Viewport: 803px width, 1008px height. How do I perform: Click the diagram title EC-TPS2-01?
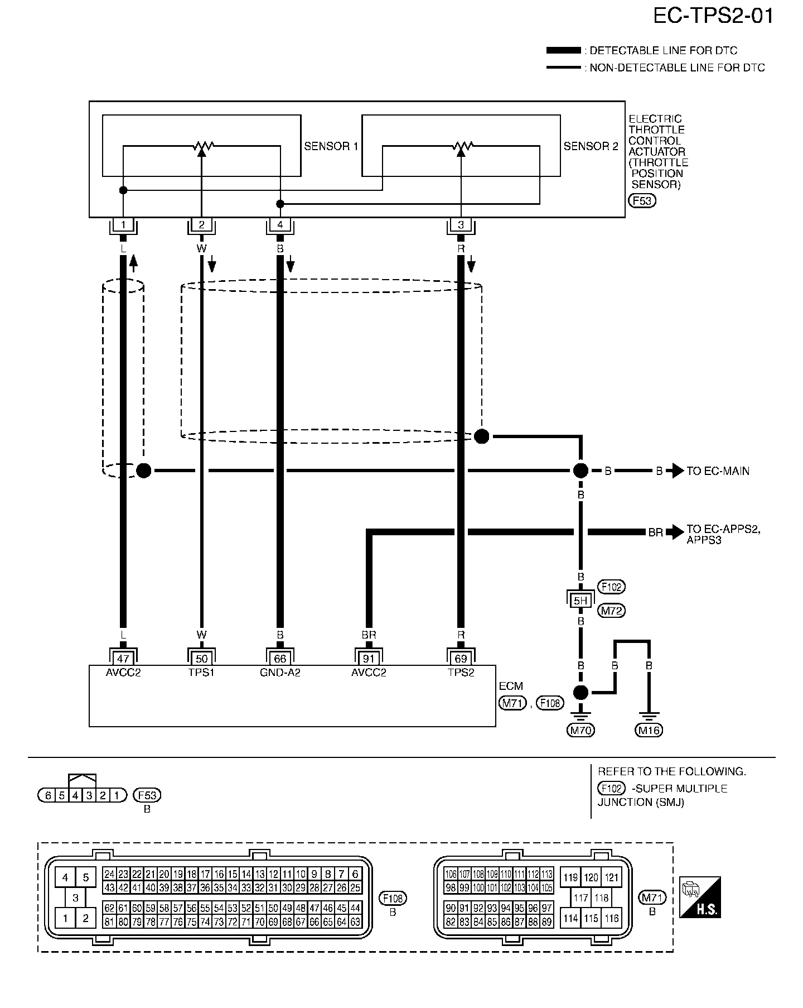[x=713, y=16]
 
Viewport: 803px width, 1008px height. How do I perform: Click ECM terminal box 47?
[x=123, y=659]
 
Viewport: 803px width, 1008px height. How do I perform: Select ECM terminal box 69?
[x=461, y=659]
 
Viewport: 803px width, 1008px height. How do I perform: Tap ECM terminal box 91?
[x=369, y=659]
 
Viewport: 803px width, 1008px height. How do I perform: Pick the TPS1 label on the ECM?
[x=201, y=673]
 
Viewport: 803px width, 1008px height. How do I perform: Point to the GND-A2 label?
[x=280, y=673]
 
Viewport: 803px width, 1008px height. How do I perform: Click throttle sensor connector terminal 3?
[x=461, y=225]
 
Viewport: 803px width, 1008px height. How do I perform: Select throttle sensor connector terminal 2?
[x=201, y=225]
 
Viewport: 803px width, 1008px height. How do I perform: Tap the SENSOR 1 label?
[x=331, y=147]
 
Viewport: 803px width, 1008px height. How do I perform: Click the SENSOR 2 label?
[x=591, y=147]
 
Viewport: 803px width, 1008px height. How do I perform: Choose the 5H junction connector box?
[x=581, y=601]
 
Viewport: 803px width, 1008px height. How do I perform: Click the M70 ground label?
[x=581, y=730]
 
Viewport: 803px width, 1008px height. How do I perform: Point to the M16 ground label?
[x=649, y=730]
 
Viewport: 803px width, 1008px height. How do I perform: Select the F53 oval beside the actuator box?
[x=642, y=201]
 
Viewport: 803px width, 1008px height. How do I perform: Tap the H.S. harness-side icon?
[x=700, y=897]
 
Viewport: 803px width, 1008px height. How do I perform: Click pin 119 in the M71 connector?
[x=570, y=877]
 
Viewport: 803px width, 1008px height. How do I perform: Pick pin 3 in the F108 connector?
[x=75, y=898]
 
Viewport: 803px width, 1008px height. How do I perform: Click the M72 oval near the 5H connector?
[x=611, y=611]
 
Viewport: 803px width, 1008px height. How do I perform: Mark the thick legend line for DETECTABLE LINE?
[x=563, y=51]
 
